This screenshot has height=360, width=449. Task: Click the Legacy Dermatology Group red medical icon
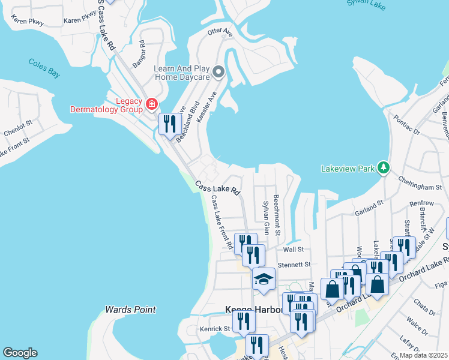point(151,105)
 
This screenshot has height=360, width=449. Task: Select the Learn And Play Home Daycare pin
point(218,73)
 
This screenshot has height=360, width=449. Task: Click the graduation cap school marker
point(263,279)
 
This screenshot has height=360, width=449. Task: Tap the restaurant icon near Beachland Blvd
point(169,124)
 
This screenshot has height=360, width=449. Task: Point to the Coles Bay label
point(44,68)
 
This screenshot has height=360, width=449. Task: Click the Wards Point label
point(130,310)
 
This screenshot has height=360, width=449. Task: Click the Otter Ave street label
point(219,32)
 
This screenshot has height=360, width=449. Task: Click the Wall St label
point(294,249)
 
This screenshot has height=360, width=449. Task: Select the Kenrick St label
point(215,329)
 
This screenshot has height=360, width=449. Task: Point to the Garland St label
point(368,205)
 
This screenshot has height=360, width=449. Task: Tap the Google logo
point(19,353)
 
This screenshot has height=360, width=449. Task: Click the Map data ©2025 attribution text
point(424,355)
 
